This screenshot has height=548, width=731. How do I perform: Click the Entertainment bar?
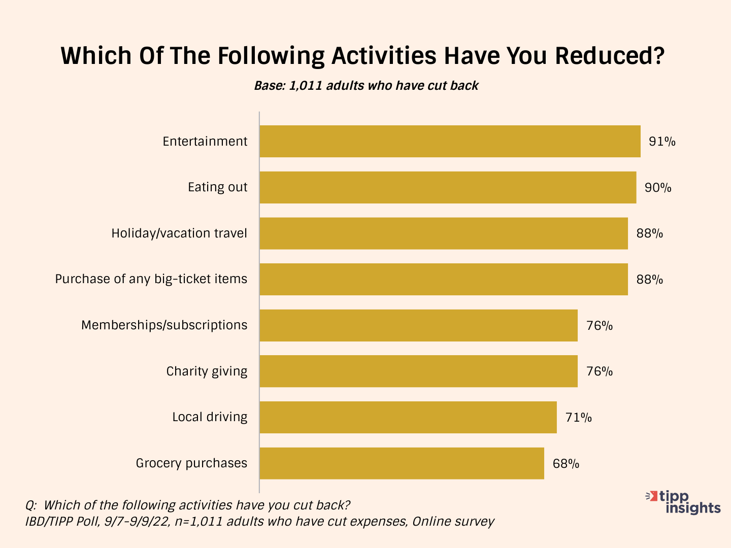pyautogui.click(x=450, y=142)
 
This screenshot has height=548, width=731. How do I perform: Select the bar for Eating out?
pyautogui.click(x=448, y=187)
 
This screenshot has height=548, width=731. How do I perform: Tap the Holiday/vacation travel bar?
pyautogui.click(x=444, y=233)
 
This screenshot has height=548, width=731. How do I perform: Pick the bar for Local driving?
pyautogui.click(x=408, y=417)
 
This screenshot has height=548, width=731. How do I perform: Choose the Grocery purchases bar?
pyautogui.click(x=402, y=463)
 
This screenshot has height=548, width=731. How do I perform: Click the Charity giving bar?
pyautogui.click(x=418, y=371)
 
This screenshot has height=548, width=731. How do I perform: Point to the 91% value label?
pyautogui.click(x=662, y=142)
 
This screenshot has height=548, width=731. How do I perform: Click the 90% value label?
pyautogui.click(x=658, y=188)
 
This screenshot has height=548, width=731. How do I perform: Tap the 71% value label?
pyautogui.click(x=579, y=418)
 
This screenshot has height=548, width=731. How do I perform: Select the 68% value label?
pyautogui.click(x=566, y=464)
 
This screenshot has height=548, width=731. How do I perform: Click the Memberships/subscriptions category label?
pyautogui.click(x=164, y=325)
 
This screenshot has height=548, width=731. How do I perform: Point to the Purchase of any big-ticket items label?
pyautogui.click(x=151, y=279)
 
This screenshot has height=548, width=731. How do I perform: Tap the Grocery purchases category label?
pyautogui.click(x=191, y=463)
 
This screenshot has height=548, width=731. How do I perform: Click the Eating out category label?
pyautogui.click(x=217, y=187)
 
